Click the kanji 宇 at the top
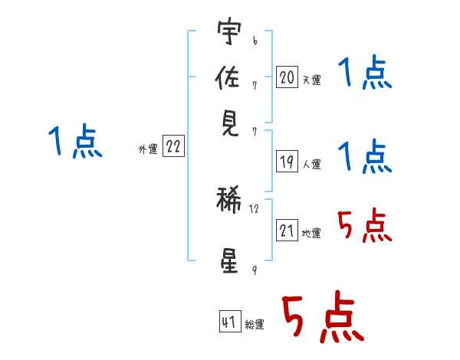[229, 31]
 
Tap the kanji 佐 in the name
[228, 77]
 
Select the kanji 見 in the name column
[230, 124]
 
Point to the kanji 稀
[228, 199]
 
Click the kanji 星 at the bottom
[229, 261]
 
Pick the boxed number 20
[287, 77]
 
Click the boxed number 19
[287, 162]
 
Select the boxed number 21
[287, 230]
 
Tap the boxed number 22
[173, 146]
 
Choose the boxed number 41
[230, 321]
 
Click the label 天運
[312, 80]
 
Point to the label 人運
[312, 164]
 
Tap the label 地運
[311, 233]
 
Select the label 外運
[148, 149]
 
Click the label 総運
[255, 324]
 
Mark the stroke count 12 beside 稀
[254, 209]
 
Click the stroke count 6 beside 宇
[255, 41]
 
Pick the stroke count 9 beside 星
[255, 270]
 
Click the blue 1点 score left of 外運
[75, 141]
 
